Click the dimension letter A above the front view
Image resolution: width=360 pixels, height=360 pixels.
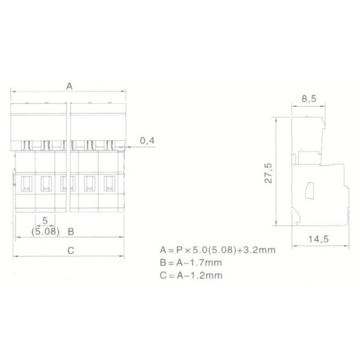tap(70, 86)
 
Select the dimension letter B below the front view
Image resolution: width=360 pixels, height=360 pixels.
tap(71, 232)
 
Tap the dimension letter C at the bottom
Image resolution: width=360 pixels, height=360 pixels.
tap(71, 250)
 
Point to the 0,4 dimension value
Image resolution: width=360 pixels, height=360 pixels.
tap(147, 141)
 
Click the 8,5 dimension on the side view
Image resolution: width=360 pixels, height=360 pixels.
tap(309, 99)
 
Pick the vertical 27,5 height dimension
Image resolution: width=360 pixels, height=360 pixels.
tap(268, 173)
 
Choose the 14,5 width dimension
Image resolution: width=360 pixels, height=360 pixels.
tap(318, 239)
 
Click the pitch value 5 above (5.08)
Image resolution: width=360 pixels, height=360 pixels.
tap(45, 221)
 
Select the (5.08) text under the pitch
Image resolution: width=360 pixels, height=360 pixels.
tap(46, 232)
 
